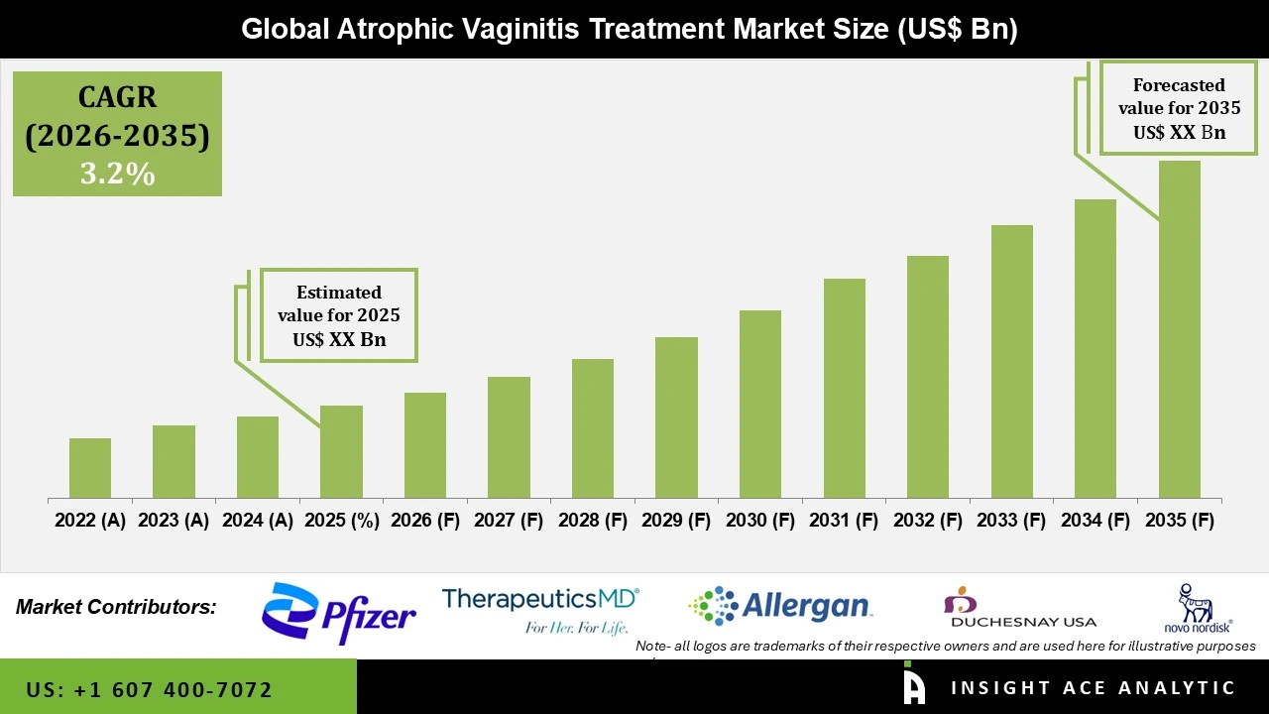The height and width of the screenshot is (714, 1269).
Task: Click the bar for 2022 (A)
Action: pyautogui.click(x=90, y=468)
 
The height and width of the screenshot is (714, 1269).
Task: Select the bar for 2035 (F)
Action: pyautogui.click(x=1179, y=329)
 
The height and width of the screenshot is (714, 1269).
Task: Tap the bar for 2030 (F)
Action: pyautogui.click(x=759, y=405)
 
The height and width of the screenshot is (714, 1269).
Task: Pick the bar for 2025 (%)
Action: pyautogui.click(x=341, y=451)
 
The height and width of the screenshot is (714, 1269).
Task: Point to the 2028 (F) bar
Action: pyautogui.click(x=592, y=428)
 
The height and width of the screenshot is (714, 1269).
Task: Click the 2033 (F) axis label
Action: pyautogui.click(x=1011, y=521)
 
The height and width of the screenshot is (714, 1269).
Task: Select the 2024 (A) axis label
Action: pyautogui.click(x=258, y=521)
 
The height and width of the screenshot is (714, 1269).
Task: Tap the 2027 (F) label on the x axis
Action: pyautogui.click(x=509, y=521)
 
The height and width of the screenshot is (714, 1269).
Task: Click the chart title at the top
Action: pyautogui.click(x=630, y=29)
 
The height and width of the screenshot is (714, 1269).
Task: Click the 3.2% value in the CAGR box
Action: pyautogui.click(x=117, y=174)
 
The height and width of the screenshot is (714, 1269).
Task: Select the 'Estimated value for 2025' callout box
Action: pyautogui.click(x=339, y=315)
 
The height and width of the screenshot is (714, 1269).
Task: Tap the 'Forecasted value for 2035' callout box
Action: pyautogui.click(x=1179, y=108)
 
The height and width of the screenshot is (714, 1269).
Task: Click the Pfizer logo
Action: pyautogui.click(x=338, y=614)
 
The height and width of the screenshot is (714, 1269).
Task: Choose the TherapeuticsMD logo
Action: pyautogui.click(x=540, y=609)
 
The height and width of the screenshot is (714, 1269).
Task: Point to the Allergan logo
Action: pyautogui.click(x=780, y=606)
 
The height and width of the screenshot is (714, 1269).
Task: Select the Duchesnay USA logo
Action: pyautogui.click(x=1022, y=608)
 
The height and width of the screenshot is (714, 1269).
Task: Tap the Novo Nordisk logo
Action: pyautogui.click(x=1198, y=608)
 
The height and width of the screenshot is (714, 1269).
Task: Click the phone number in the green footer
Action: pyautogui.click(x=149, y=689)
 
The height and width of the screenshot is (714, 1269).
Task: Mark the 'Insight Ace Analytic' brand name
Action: pyautogui.click(x=1093, y=688)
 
